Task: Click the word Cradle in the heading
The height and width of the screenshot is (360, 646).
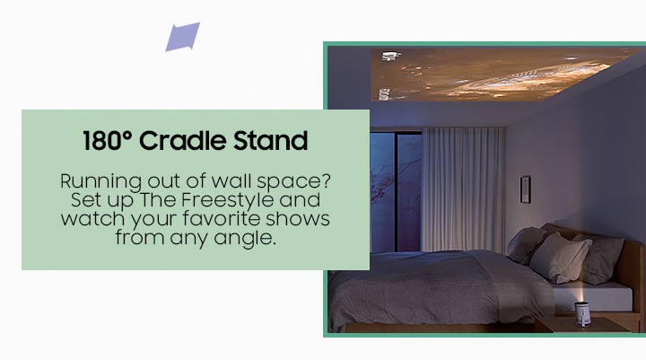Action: click(183, 141)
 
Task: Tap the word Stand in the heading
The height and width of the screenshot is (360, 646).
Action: click(271, 141)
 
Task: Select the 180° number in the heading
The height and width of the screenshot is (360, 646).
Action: click(107, 141)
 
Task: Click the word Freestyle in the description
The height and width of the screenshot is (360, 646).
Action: click(228, 200)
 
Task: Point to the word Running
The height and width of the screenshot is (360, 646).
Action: click(100, 181)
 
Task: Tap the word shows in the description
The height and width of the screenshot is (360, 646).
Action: click(298, 218)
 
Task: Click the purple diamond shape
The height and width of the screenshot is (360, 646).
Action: click(182, 37)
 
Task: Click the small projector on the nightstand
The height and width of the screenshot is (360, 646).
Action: click(582, 313)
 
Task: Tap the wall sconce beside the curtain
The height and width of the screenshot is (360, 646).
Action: click(525, 189)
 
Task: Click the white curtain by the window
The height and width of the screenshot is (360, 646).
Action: click(463, 189)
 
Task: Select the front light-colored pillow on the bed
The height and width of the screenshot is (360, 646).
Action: click(561, 259)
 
